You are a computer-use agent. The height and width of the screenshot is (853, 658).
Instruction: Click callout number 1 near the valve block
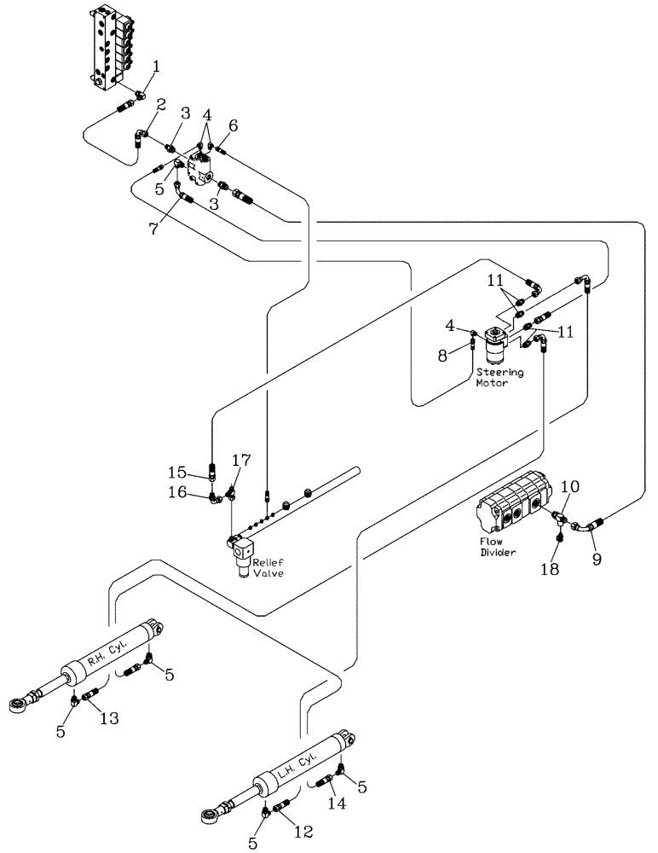[155, 65]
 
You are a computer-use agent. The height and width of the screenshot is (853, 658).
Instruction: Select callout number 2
[160, 106]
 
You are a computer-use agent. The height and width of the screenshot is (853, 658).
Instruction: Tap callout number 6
[233, 125]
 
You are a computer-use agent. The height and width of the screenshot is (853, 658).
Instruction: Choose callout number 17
[241, 461]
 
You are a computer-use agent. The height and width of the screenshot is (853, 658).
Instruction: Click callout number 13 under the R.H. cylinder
[111, 719]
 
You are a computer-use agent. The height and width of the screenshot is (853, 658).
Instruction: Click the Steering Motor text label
[499, 377]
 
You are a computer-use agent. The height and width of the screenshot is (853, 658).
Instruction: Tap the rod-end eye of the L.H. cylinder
[209, 816]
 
